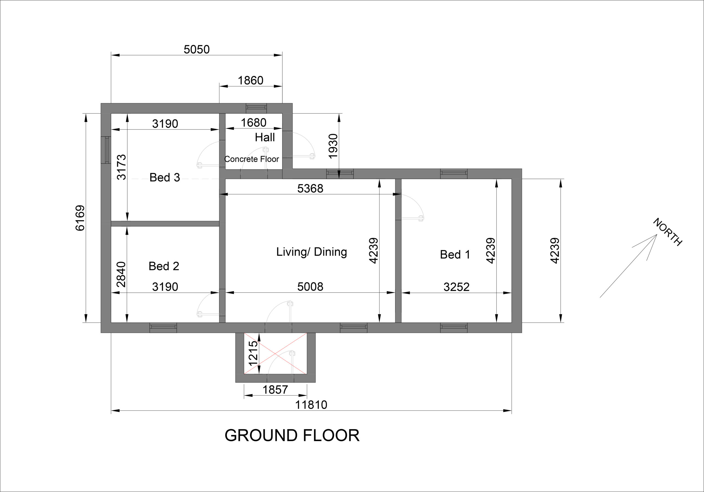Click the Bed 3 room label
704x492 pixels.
tap(165, 177)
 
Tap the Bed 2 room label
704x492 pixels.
tap(164, 266)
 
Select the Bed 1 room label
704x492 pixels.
tap(455, 254)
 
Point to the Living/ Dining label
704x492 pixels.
tap(312, 252)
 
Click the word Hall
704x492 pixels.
tap(265, 137)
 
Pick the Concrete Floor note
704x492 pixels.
tap(251, 159)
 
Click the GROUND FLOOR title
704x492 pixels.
tap(292, 435)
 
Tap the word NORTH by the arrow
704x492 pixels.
tap(667, 232)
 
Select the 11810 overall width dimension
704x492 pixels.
tap(311, 405)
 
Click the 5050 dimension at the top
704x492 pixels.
tap(197, 49)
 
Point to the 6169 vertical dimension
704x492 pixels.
tap(80, 218)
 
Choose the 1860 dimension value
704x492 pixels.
tap(251, 80)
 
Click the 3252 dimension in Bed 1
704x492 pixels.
tap(456, 287)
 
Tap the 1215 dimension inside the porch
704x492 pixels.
tap(253, 353)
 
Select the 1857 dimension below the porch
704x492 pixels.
tap(275, 390)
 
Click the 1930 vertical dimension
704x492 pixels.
tap(333, 146)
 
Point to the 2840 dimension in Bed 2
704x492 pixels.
tap(121, 274)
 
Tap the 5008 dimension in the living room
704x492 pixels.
tap(310, 287)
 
